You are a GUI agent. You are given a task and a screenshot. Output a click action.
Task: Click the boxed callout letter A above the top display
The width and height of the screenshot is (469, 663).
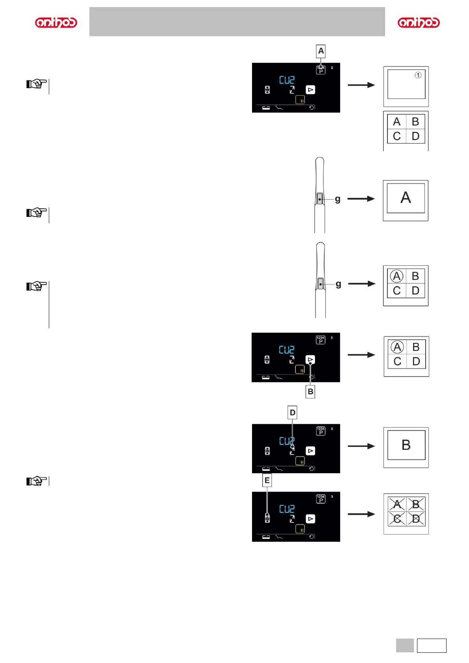(x=321, y=51)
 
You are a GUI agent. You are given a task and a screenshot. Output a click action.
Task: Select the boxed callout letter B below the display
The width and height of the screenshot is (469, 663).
(x=310, y=392)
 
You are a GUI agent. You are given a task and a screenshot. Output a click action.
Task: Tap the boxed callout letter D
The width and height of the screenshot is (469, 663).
(x=292, y=413)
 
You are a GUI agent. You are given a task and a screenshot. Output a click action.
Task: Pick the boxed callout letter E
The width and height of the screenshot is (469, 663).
(x=267, y=480)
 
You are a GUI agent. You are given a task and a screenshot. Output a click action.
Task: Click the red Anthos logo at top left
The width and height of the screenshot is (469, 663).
(x=56, y=22)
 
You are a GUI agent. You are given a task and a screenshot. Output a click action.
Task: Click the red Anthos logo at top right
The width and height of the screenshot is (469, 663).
(x=419, y=22)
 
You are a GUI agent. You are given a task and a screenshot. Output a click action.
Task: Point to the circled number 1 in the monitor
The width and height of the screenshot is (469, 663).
(x=418, y=75)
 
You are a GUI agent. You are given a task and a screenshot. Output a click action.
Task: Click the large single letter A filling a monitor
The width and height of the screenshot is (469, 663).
(x=406, y=198)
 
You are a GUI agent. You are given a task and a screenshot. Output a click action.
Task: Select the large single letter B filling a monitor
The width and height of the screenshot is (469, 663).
(x=406, y=445)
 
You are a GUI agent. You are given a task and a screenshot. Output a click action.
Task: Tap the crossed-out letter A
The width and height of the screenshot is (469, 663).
(x=397, y=504)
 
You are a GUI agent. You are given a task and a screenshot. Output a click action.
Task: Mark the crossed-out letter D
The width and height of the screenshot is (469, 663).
(x=415, y=519)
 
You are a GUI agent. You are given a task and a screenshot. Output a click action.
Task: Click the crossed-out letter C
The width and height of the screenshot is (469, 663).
(x=397, y=519)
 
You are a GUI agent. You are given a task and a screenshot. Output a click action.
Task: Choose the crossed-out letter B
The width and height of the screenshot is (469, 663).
(x=415, y=504)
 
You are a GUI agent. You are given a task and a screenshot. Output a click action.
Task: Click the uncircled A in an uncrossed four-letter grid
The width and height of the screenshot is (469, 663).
(x=397, y=122)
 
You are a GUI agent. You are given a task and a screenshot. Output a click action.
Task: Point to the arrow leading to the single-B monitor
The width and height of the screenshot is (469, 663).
(x=361, y=446)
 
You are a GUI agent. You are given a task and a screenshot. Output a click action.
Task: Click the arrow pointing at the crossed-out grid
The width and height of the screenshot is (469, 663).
(x=361, y=514)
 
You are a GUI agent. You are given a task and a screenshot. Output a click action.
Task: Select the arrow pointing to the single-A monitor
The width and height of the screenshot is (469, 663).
(x=361, y=199)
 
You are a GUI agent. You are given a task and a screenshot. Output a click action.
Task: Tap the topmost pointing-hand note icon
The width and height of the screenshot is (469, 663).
(x=36, y=84)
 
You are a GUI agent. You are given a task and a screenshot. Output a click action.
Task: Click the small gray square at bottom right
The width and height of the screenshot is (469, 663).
(x=405, y=645)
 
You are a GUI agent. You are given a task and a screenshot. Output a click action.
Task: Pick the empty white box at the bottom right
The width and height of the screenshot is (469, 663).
(x=432, y=645)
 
